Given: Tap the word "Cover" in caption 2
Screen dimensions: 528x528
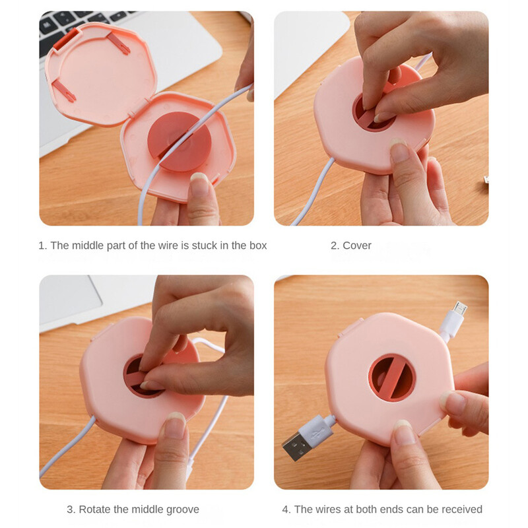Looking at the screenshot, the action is tap(356, 246).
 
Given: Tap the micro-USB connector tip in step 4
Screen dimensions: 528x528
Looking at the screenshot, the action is tap(459, 308).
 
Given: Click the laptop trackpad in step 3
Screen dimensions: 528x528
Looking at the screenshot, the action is tap(70, 296).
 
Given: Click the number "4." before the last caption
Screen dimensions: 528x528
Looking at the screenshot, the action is tap(286, 509).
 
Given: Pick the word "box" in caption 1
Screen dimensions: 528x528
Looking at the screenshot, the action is tap(258, 246).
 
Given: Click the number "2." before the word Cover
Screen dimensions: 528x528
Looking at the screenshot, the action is tap(335, 246).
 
